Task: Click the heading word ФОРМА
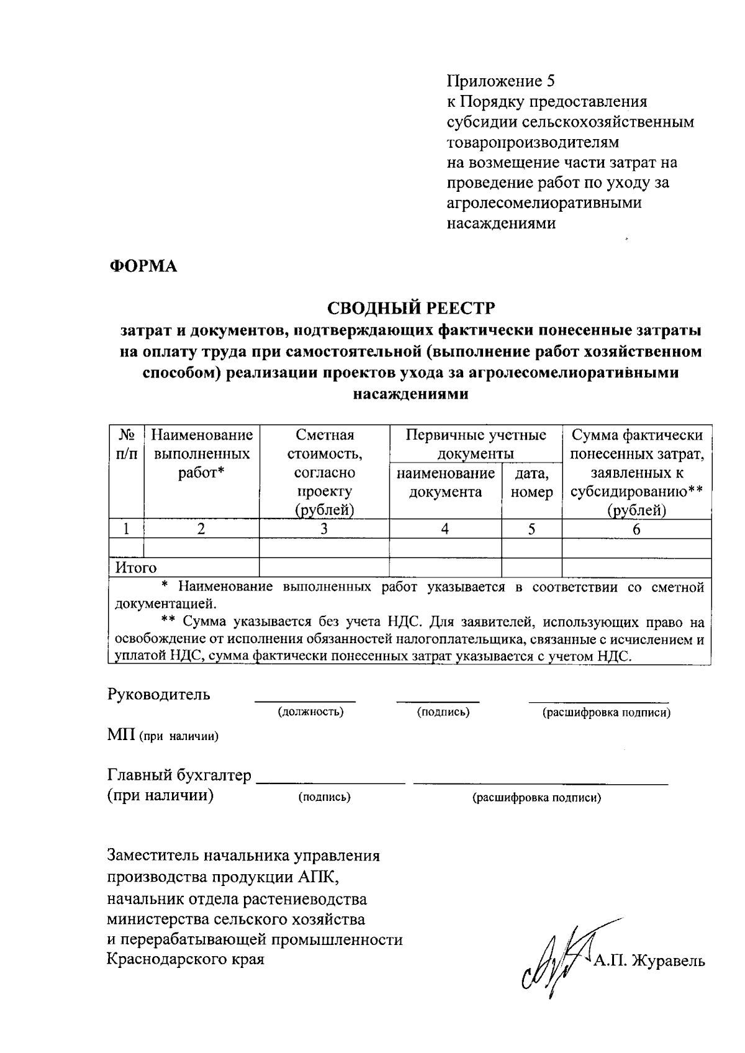(143, 266)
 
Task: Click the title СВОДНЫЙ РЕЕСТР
(411, 308)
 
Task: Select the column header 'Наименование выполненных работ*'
(202, 453)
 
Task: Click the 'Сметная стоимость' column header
(324, 472)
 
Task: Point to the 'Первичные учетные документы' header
(476, 444)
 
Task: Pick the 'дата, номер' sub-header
(531, 483)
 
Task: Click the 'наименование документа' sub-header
(445, 483)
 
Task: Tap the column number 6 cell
(636, 529)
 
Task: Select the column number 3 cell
(324, 529)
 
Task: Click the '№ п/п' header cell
(126, 444)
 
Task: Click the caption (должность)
(310, 712)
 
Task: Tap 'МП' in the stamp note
(120, 736)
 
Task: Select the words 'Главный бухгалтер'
(179, 775)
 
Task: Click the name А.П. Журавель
(649, 962)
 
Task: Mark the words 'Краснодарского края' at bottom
(186, 959)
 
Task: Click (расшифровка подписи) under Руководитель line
(607, 713)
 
